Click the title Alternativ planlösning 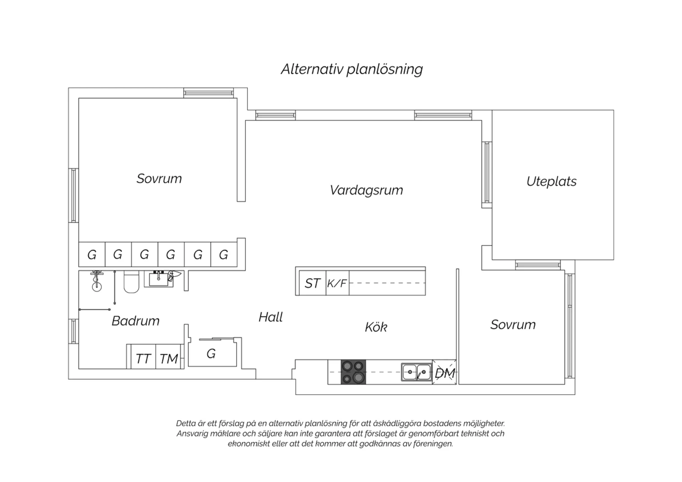point(351,70)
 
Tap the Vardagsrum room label point(366,191)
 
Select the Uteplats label point(552,181)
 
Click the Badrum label point(135,321)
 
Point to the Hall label point(271,317)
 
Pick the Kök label point(376,327)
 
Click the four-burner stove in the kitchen point(353,372)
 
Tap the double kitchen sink point(416,372)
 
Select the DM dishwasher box point(444,372)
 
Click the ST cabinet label point(312,283)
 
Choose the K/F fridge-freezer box point(337,283)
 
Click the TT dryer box point(143,356)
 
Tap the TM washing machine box point(168,356)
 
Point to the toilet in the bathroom point(131,282)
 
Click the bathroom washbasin point(159,279)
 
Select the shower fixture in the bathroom point(97,281)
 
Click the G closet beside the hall point(212,353)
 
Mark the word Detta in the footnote point(186,423)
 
